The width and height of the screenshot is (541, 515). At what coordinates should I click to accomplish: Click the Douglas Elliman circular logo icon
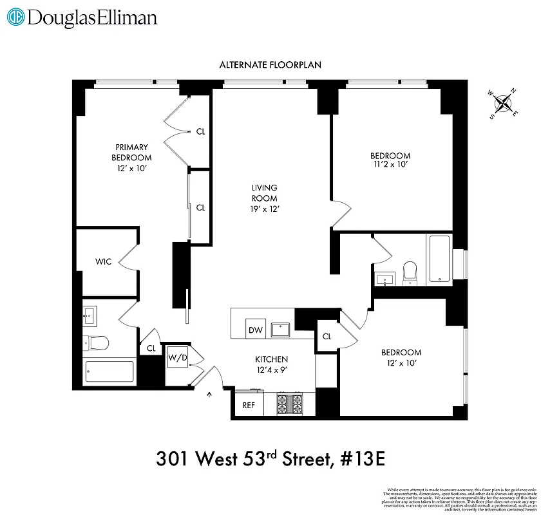coord(16,17)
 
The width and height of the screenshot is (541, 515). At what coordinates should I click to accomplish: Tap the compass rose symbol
coord(504,104)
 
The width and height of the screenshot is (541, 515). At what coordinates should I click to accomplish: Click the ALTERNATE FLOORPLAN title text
coord(270,65)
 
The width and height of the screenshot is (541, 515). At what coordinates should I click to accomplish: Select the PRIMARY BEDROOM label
coord(131,153)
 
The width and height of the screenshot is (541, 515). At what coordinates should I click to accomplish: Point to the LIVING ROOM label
coord(265,193)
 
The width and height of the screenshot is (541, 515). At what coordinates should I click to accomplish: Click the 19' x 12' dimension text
coord(265,209)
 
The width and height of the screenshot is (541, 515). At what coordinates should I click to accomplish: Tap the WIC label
coord(103,261)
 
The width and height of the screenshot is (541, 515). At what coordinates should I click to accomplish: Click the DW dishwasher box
coord(256,330)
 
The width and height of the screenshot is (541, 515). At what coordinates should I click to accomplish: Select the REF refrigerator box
coord(249,406)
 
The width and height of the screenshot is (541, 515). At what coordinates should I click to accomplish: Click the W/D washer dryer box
coord(178,358)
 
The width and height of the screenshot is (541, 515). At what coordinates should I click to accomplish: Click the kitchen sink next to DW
coord(281,330)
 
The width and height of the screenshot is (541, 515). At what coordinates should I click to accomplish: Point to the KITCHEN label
coord(270,359)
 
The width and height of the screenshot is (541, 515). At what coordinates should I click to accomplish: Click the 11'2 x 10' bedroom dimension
coord(390,165)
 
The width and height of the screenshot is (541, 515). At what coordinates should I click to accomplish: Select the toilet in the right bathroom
coord(410,273)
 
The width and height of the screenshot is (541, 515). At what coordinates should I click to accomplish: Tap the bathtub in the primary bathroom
coord(110,373)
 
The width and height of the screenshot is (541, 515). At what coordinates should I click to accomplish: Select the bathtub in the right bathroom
coord(440,259)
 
